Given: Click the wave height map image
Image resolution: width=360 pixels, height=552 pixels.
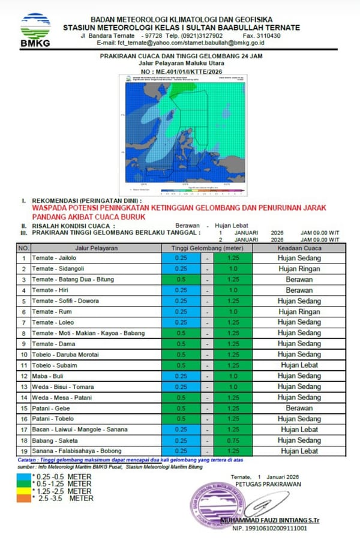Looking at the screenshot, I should (x=184, y=135).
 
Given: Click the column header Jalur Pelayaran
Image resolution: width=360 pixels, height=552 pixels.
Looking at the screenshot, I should (x=96, y=247).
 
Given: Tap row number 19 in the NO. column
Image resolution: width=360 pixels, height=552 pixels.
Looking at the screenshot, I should (x=23, y=451).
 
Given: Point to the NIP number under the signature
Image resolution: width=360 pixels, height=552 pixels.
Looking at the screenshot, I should (x=270, y=528).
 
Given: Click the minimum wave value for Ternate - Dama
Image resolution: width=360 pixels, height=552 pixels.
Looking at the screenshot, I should (x=180, y=344).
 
